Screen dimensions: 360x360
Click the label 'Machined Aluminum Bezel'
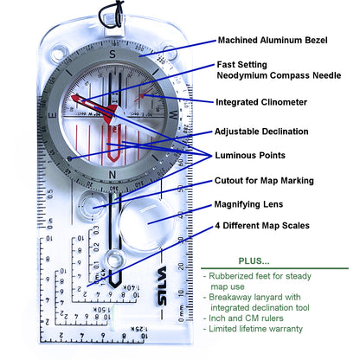click(x=277, y=40)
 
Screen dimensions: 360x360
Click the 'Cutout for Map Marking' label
click(x=276, y=181)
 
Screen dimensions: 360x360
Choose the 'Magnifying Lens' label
click(x=253, y=205)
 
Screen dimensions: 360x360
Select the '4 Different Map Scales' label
click(x=262, y=226)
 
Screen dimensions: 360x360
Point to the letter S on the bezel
click(x=112, y=54)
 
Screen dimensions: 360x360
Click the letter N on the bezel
click(x=112, y=174)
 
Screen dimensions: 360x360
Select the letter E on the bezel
click(x=52, y=113)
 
